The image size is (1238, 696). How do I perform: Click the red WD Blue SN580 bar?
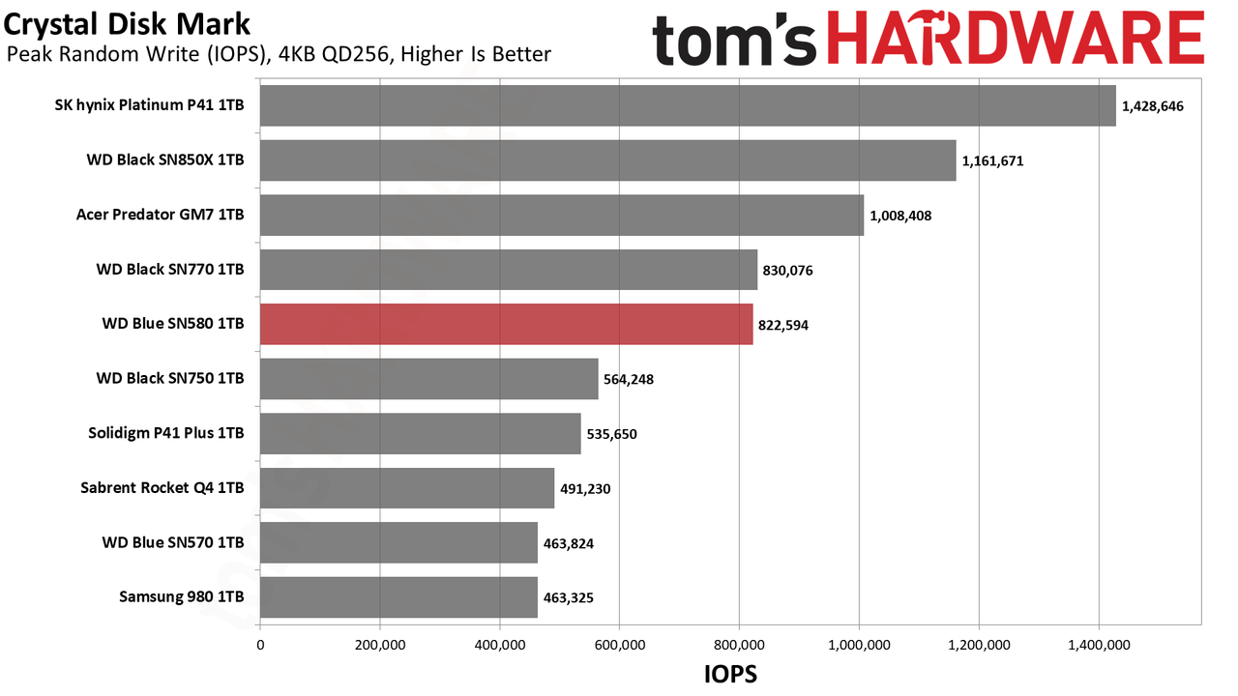pos(506,324)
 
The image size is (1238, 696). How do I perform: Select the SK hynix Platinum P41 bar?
pos(688,105)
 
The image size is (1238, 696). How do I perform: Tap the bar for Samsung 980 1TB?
pos(399,597)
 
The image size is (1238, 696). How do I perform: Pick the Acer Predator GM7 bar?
pos(562,215)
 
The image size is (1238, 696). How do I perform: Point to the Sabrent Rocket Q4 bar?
pos(407,488)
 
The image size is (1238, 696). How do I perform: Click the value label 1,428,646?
pos(1152,106)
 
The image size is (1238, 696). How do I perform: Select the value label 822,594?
pos(783,326)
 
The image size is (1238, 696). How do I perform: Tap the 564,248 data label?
pos(629,380)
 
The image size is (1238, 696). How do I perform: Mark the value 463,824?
pos(568,543)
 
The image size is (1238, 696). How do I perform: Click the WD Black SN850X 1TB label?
pos(165,159)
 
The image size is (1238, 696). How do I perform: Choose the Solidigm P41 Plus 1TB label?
pos(165,433)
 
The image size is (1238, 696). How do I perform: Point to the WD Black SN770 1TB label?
pos(170,269)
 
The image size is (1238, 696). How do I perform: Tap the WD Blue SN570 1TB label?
pos(173,542)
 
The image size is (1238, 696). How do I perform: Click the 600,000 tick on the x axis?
pos(620,645)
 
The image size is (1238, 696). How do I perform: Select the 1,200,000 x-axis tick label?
pos(979,645)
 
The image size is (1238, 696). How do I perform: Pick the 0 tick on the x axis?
pos(260,645)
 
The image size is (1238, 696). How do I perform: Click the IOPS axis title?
pos(730,674)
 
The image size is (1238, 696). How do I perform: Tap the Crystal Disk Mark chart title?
pos(127,25)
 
